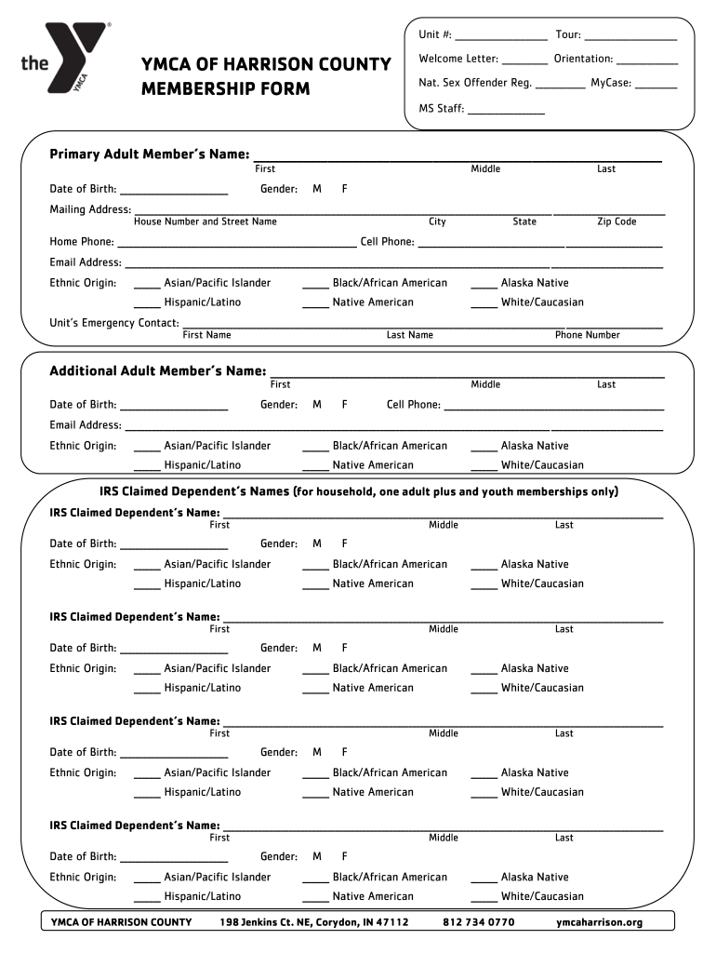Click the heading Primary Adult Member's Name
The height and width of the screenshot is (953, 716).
coord(149,154)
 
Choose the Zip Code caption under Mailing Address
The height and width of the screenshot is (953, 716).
coord(617,221)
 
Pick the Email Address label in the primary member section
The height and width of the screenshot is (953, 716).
coord(86,262)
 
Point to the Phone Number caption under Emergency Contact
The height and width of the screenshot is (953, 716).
coord(587,335)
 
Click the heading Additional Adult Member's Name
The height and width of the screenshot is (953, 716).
coord(157,371)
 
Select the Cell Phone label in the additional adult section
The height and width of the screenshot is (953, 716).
coord(414,405)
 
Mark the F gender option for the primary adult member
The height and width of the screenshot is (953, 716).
coord(344,189)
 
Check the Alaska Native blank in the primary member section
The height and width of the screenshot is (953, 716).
coord(484,285)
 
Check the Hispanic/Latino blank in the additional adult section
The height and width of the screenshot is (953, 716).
coord(146,467)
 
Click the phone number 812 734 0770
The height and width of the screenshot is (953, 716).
coord(478,922)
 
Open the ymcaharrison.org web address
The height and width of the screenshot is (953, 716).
coord(599,922)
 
